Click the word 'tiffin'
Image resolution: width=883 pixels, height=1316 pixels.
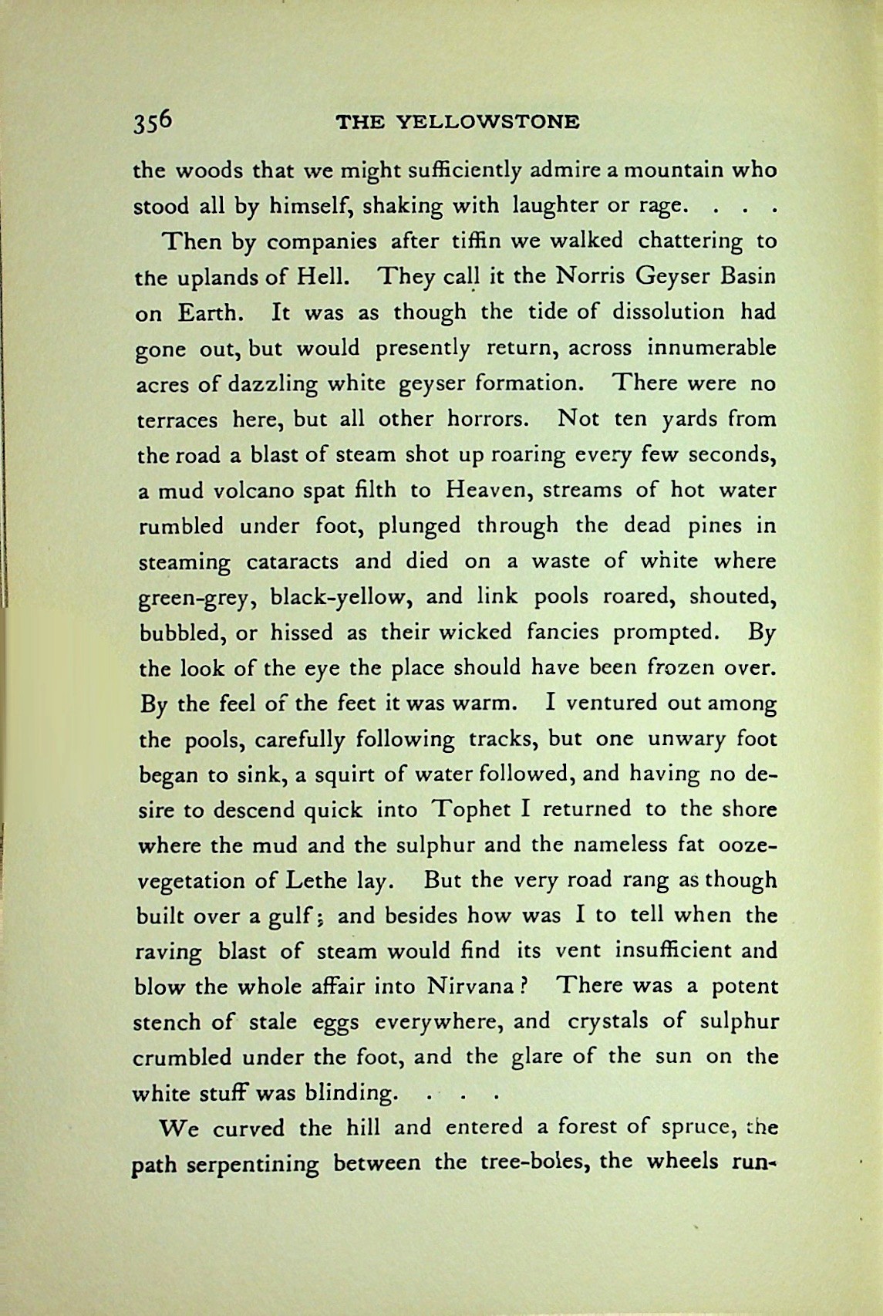[474, 241]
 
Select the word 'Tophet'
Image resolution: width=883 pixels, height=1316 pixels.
[473, 810]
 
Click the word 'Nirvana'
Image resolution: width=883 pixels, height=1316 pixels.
[470, 987]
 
